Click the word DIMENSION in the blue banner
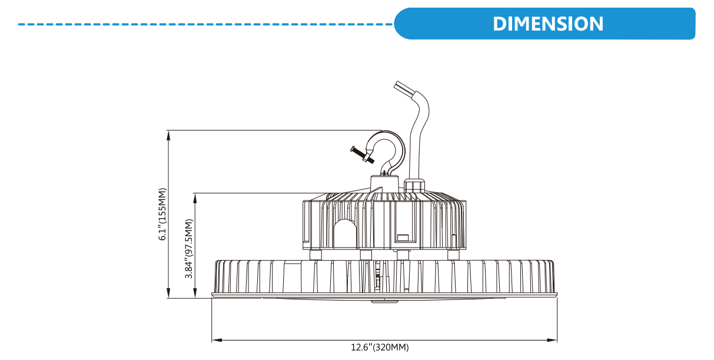pos(548,24)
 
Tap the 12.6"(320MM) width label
pos(380,347)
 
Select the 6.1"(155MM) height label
pos(162,214)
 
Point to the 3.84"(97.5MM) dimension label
pos(189,248)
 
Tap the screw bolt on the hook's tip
pos(362,155)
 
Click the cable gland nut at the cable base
pos(414,186)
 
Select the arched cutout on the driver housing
pos(345,233)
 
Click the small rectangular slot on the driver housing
pos(403,238)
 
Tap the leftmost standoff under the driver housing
pos(316,255)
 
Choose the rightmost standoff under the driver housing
pos(453,255)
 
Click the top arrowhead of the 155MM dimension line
pos(168,135)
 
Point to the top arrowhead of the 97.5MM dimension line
pos(195,198)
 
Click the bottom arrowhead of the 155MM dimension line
pos(168,293)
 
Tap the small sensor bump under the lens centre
pos(384,301)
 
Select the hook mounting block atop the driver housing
pos(384,184)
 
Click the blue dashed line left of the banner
pos(206,24)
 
